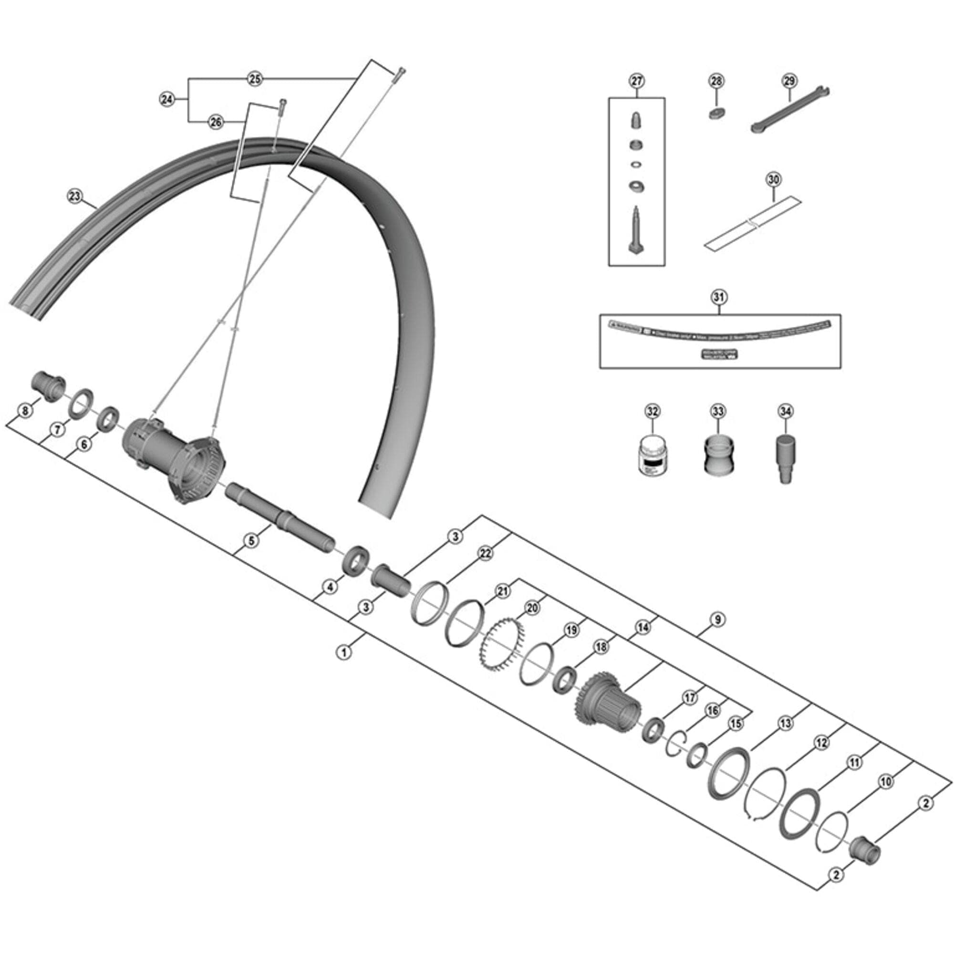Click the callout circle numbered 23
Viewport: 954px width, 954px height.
coord(74,197)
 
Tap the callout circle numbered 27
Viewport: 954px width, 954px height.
coord(636,81)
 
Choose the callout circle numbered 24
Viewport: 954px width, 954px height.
coord(167,100)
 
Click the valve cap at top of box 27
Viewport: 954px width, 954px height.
coord(636,121)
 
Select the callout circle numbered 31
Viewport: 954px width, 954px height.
coord(719,297)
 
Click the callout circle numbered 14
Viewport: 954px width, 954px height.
coord(642,628)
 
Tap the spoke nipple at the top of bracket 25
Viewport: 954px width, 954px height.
coord(399,74)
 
